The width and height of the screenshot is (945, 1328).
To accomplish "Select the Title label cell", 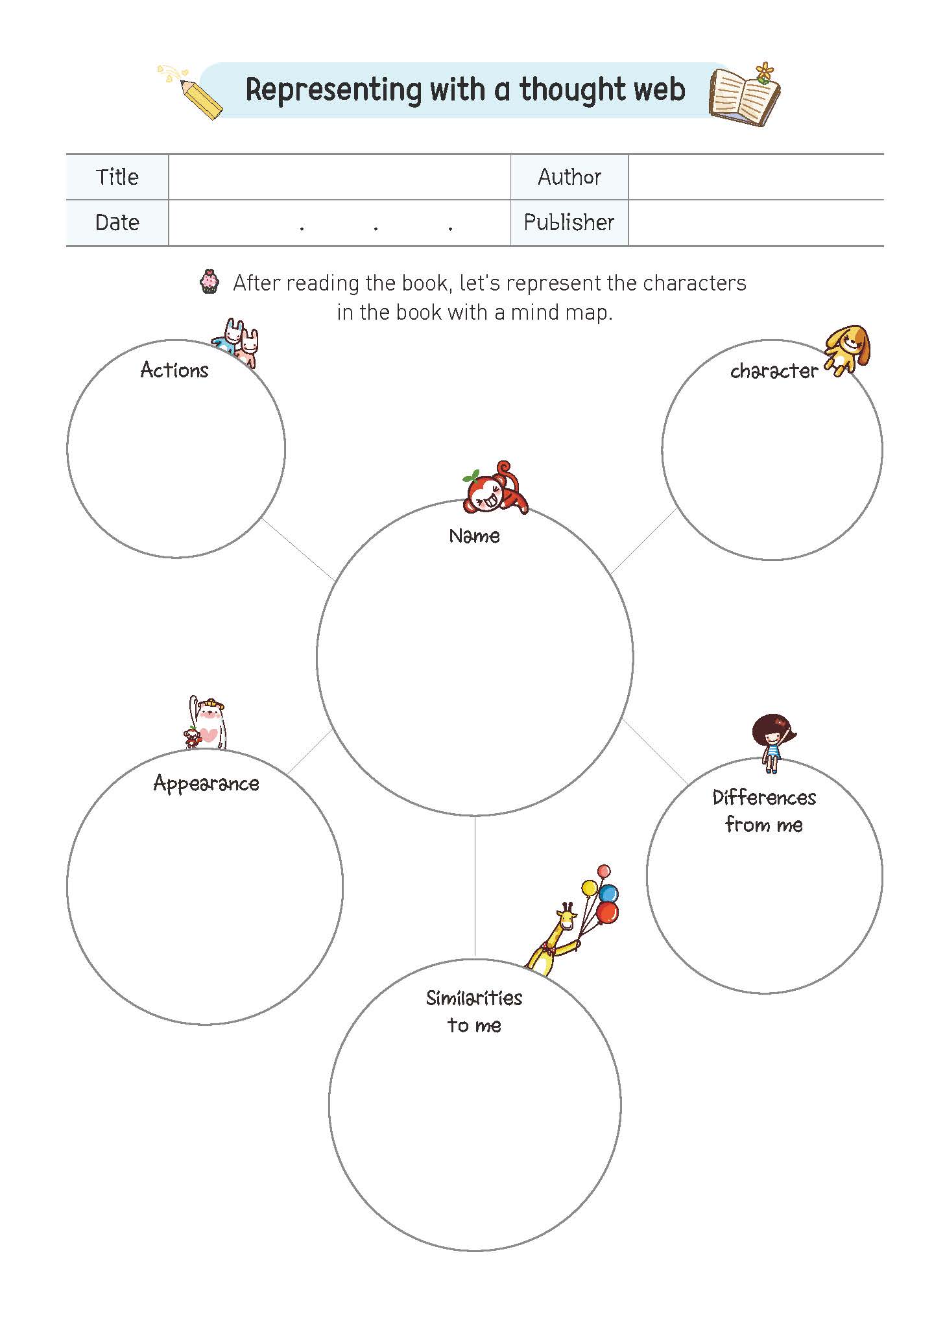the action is click(x=117, y=177).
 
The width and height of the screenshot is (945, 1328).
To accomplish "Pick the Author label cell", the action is click(x=569, y=177).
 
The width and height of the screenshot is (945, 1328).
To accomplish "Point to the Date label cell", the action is click(x=117, y=222).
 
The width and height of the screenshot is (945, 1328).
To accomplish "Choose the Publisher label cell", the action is click(x=569, y=222).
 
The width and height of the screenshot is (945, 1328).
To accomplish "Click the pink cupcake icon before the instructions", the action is click(x=209, y=282).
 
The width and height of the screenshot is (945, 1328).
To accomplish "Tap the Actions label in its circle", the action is click(x=174, y=370).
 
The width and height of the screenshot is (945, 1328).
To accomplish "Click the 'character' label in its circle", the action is click(x=774, y=371).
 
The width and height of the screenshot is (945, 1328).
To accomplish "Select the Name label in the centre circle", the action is click(x=474, y=536).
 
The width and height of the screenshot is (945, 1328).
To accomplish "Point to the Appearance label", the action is click(x=206, y=784).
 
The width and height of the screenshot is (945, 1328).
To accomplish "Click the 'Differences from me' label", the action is click(x=764, y=811).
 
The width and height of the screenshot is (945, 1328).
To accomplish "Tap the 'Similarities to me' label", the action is click(x=474, y=1011).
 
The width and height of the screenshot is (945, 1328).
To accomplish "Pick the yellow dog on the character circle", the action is click(x=847, y=351).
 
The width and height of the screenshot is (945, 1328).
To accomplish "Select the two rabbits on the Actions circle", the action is click(x=235, y=342).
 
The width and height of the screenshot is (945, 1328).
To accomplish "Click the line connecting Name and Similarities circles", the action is click(x=475, y=886).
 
